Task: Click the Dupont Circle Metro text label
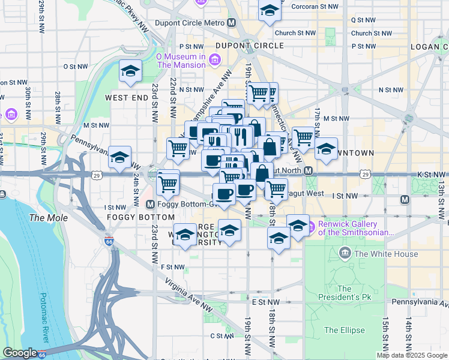click(190, 23)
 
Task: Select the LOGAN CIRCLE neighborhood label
click(429, 47)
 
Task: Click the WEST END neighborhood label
click(126, 97)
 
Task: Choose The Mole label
click(45, 218)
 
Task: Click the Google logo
click(20, 353)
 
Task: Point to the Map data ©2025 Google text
click(412, 355)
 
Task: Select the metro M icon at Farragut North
click(308, 171)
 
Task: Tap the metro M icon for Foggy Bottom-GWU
click(151, 203)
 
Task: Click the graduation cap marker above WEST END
click(130, 71)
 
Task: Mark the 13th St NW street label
click(442, 198)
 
